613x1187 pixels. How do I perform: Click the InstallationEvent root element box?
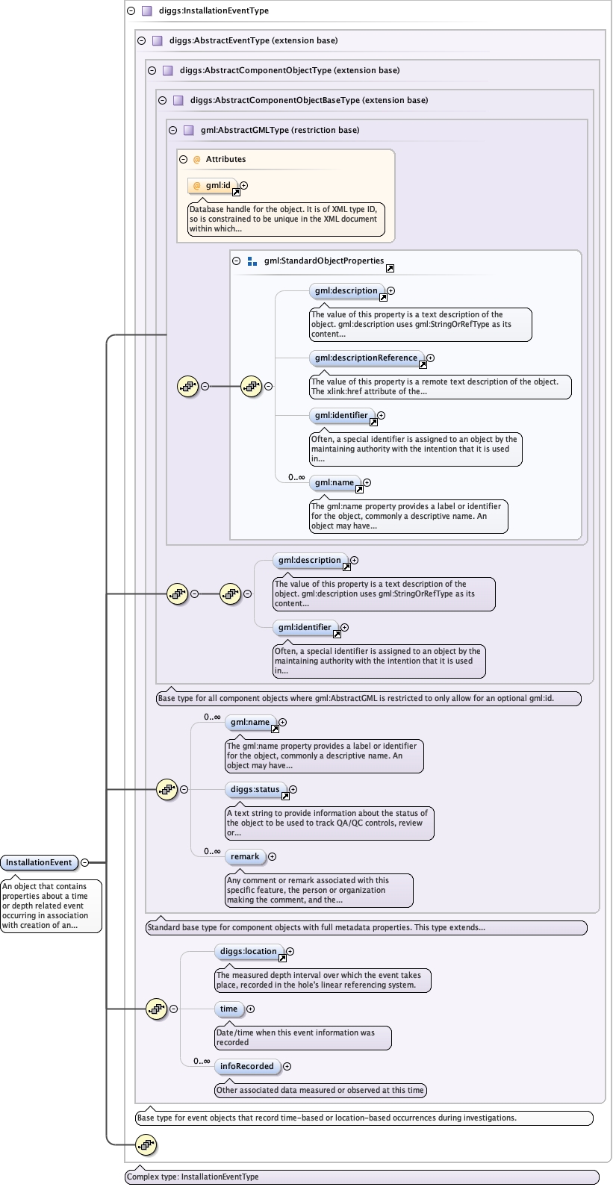(x=39, y=862)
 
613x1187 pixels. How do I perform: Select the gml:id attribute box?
(x=213, y=185)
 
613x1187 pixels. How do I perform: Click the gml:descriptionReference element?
(x=366, y=358)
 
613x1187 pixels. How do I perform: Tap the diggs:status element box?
(x=255, y=789)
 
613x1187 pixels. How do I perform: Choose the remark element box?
(x=245, y=856)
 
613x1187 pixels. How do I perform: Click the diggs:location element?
(x=248, y=951)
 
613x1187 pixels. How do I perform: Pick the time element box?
(x=228, y=1009)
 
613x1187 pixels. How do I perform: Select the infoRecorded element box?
(x=246, y=1066)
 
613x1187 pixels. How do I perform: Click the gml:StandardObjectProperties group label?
(x=323, y=261)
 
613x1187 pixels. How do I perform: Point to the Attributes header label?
(x=225, y=159)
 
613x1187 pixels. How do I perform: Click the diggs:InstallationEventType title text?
(x=214, y=10)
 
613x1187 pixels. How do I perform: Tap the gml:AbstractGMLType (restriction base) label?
(x=279, y=130)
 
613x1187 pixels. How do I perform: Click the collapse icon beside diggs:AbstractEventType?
(x=141, y=40)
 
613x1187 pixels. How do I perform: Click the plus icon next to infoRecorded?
(x=287, y=1066)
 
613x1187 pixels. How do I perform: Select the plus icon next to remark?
(x=272, y=856)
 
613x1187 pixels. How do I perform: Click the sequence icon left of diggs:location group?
(x=156, y=1009)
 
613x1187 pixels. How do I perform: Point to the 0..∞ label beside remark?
(x=212, y=851)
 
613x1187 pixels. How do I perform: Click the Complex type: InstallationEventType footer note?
(x=193, y=1177)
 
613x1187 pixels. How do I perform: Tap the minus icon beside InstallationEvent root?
(x=84, y=862)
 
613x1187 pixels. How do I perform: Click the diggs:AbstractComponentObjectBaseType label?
(x=308, y=100)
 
